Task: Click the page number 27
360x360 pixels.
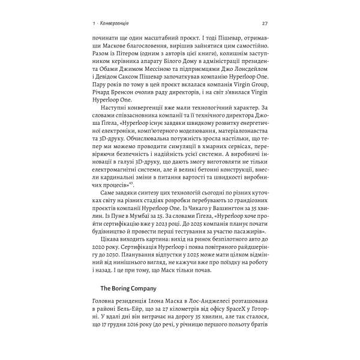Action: (266, 23)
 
